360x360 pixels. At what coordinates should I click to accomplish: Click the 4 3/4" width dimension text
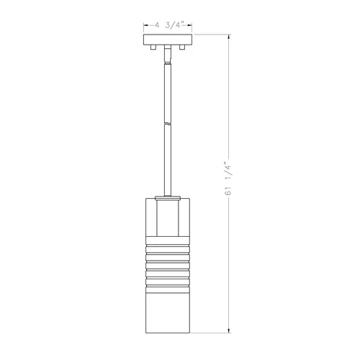click(x=166, y=24)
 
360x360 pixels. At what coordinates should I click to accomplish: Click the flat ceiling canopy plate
click(x=166, y=39)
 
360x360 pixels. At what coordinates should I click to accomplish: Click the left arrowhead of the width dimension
click(x=145, y=24)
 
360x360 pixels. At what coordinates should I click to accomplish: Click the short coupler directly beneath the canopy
click(x=166, y=51)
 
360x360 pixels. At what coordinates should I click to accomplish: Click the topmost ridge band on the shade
click(x=166, y=247)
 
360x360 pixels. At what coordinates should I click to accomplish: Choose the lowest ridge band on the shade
click(x=166, y=284)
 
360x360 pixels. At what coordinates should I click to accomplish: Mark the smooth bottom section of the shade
click(x=166, y=310)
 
